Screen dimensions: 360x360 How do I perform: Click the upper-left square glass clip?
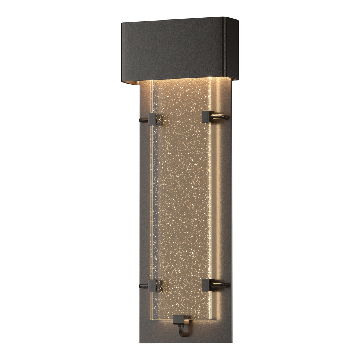(x=152, y=119)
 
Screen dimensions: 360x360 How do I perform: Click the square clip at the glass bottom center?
(x=179, y=319)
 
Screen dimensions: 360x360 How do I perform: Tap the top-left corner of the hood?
(x=122, y=23)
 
